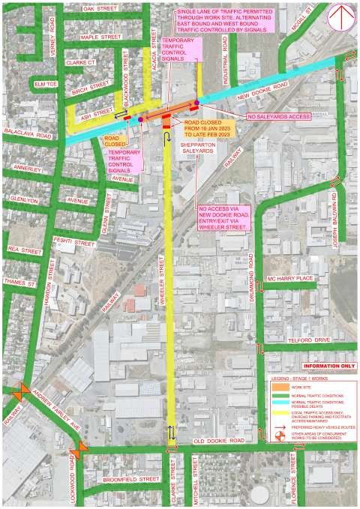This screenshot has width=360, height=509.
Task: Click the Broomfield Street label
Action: coord(130,478)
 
